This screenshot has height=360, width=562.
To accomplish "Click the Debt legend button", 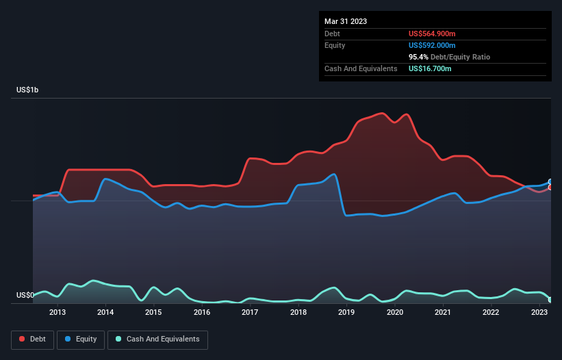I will click(32, 339).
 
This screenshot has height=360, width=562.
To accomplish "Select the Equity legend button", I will click(80, 339).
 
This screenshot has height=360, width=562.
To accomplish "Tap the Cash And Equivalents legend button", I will click(157, 339).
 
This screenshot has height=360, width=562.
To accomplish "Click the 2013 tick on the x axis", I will click(58, 313).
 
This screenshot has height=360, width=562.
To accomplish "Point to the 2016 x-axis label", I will click(202, 313).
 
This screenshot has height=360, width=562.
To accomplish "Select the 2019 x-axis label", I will click(346, 313).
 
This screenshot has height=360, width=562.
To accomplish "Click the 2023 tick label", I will click(539, 313).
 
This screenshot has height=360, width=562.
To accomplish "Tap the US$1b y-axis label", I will click(30, 90).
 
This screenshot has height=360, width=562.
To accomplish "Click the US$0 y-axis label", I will click(25, 296).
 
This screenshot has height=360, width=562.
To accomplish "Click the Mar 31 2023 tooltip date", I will click(346, 21).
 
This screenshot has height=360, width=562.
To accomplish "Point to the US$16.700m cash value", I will click(430, 68).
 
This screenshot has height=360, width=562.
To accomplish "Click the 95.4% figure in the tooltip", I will click(418, 57).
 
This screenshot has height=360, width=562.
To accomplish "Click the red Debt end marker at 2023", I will click(550, 187).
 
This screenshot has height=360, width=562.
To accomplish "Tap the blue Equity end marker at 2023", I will click(550, 182).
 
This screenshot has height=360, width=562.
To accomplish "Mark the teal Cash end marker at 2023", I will click(550, 300).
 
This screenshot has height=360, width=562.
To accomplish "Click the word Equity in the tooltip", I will click(335, 45).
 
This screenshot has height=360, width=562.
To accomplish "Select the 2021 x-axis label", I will click(443, 313).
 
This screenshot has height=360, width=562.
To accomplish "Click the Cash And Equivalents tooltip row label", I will click(361, 68).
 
